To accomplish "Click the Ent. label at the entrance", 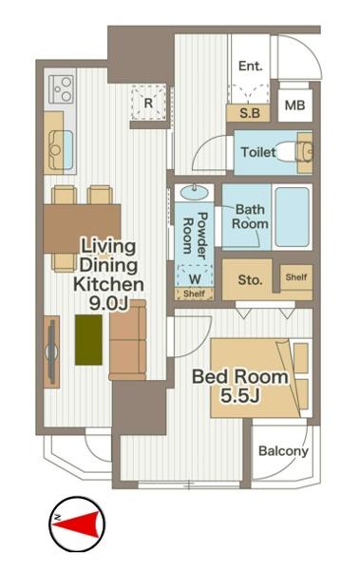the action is click(x=250, y=66).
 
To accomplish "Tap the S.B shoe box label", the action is click(x=250, y=113).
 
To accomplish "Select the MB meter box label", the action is click(x=294, y=105).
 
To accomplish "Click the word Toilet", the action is click(x=258, y=152).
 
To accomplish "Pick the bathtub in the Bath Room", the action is click(x=292, y=217).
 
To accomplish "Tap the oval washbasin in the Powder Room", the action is click(x=194, y=192).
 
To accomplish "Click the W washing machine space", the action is click(x=195, y=278).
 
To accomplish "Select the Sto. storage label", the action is click(x=250, y=280).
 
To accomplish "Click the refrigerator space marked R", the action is click(x=148, y=104).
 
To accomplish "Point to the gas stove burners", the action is click(x=61, y=89).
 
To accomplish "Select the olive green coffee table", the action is click(x=88, y=339).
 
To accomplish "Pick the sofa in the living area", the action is click(x=127, y=340).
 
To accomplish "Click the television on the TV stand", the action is click(x=51, y=351).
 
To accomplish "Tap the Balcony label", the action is click(x=283, y=451).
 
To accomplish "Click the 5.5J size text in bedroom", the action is click(x=240, y=396).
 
